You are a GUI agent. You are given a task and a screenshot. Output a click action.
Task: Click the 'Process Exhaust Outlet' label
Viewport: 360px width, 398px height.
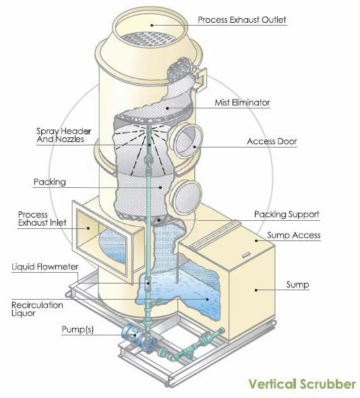(242, 20)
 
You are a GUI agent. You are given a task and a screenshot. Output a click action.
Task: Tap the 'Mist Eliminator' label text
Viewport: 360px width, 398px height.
(242, 102)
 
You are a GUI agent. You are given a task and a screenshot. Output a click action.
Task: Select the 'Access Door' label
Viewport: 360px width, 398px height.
(272, 141)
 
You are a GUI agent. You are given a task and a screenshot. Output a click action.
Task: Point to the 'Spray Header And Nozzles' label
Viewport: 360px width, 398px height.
(63, 135)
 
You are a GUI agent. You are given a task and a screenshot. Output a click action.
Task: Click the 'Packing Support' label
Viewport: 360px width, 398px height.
(287, 214)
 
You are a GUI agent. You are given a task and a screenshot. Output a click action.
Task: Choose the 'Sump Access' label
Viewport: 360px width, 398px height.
(294, 235)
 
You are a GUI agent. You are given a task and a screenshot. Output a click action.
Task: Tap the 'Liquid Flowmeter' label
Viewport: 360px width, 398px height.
(45, 267)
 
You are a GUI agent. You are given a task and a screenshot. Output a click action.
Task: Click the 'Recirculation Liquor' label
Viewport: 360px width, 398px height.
(37, 309)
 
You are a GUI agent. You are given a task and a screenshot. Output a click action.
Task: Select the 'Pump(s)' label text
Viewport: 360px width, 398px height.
(78, 330)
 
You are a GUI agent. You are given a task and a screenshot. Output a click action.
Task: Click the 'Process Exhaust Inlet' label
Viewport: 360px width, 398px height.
(42, 219)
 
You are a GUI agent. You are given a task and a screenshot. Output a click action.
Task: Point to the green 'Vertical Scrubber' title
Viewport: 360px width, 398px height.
(302, 384)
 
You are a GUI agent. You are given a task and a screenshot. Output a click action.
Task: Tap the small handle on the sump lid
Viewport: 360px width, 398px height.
(246, 255)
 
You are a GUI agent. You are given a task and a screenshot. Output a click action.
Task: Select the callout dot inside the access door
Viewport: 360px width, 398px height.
(195, 147)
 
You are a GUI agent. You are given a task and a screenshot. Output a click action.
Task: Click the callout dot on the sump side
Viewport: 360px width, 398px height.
(256, 290)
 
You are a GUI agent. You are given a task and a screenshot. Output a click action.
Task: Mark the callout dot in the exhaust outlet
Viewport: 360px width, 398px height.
(152, 25)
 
